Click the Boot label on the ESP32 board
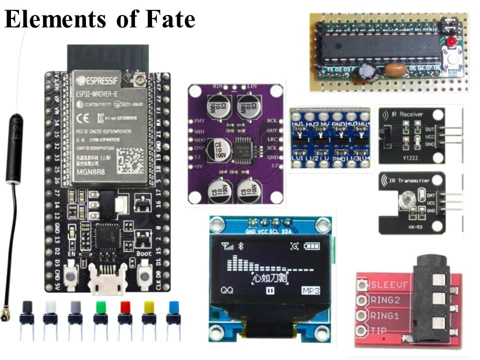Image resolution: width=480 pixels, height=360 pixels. tap(143, 253)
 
